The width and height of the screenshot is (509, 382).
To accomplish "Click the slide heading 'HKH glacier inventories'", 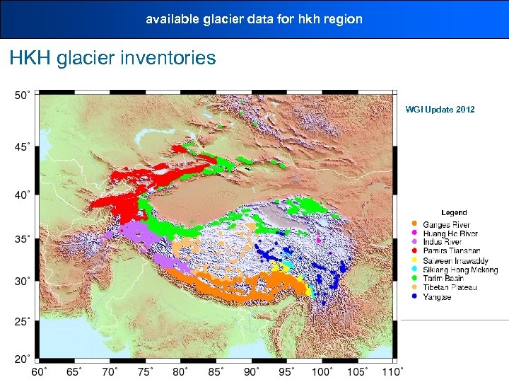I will [112, 58].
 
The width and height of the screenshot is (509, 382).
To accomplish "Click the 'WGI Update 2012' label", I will [440, 110].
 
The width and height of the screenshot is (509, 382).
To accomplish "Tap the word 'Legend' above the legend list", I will [454, 213].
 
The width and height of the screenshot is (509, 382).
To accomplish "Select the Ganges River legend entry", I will [446, 225].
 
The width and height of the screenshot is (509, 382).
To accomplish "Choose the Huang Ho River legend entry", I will [450, 233].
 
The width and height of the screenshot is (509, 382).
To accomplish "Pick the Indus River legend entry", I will [442, 243].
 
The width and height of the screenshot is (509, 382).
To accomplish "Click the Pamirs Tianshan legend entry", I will [451, 251].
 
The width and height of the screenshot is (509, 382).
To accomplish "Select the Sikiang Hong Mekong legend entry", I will [460, 270].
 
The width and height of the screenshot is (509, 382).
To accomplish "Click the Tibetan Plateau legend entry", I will [450, 287].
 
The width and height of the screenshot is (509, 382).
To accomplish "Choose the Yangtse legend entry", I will [437, 297].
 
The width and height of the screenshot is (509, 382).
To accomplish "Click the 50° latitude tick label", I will [23, 95].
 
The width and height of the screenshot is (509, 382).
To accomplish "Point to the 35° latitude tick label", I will [23, 239].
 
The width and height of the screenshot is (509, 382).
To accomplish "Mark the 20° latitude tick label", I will [23, 359].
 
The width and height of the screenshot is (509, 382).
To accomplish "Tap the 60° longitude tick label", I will [40, 371].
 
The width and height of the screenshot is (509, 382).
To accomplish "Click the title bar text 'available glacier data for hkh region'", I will [254, 19].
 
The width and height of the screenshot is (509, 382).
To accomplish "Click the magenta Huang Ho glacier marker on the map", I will [319, 241].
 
